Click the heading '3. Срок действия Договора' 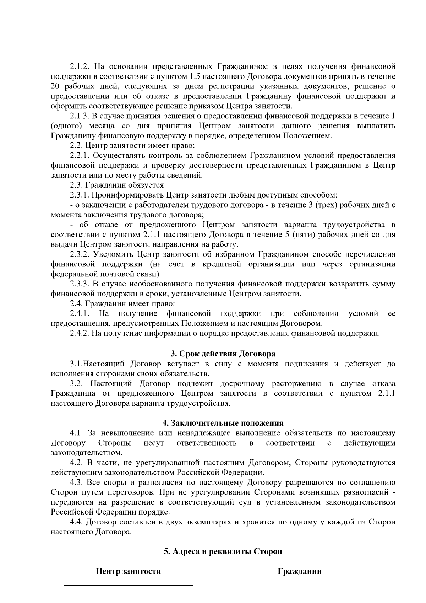tap(223, 354)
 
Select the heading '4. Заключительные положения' tap(223, 423)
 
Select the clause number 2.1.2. tap(80, 66)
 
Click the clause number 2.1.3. tap(80, 116)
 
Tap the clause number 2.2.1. tap(80, 156)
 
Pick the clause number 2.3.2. tap(80, 254)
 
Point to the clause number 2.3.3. tap(80, 284)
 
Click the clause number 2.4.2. tap(80, 333)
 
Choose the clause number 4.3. tap(76, 483)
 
